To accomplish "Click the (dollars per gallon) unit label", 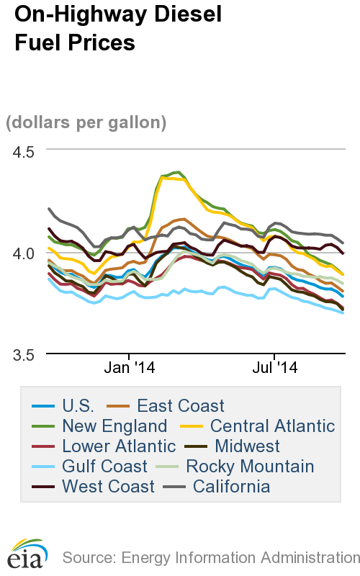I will (86, 122).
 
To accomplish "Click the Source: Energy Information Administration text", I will (210, 557).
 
